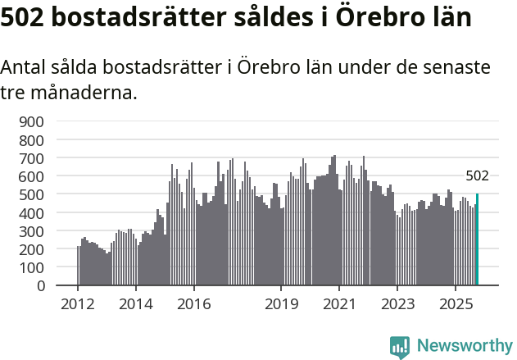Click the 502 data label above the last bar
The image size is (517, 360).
[477, 175]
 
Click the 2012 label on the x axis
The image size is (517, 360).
[78, 304]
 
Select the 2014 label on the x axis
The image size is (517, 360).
[136, 304]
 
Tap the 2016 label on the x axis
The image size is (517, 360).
[193, 304]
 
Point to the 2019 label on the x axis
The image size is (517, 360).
[281, 304]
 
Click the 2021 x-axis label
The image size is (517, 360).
[338, 304]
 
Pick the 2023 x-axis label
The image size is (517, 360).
[397, 304]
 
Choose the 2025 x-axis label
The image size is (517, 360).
[455, 304]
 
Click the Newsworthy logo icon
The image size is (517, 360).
[400, 346]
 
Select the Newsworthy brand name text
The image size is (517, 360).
[464, 346]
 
